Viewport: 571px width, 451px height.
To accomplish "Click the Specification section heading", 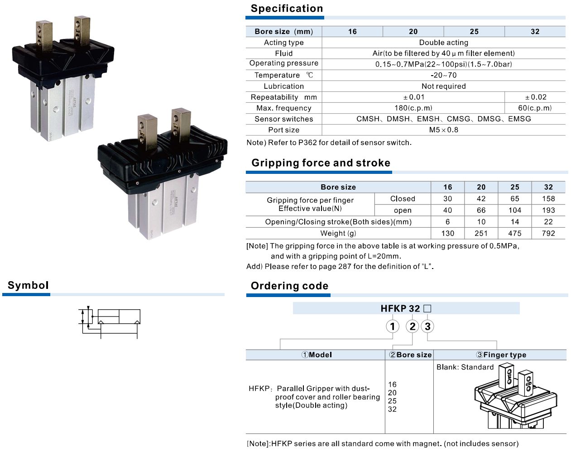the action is coord(287,9).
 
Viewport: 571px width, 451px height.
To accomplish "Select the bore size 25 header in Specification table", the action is coord(474,32).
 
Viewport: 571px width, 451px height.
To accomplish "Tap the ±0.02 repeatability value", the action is coord(535,97).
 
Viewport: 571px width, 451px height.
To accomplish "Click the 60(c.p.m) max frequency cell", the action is coord(535,108).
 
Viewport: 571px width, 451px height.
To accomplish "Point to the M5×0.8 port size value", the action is coord(444,130).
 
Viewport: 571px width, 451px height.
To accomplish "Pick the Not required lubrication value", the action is coord(444,86).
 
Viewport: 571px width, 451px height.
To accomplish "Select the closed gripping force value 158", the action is coord(548,199).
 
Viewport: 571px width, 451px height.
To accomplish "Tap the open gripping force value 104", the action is coord(515,210).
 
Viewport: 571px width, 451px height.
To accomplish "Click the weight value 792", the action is coord(548,233).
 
